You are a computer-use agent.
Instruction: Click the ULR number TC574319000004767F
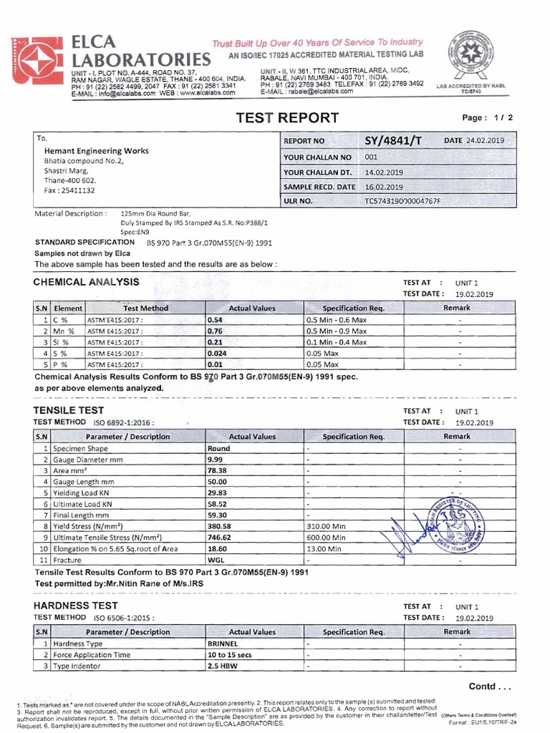(x=402, y=201)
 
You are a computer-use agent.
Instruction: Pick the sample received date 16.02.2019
(x=384, y=187)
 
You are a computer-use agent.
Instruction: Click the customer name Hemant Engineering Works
(x=97, y=151)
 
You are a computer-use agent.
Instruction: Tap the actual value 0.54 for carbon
(x=215, y=320)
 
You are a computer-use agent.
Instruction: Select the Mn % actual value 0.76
(x=215, y=331)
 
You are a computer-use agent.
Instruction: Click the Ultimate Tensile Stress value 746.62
(x=219, y=537)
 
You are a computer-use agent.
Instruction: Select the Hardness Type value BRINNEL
(x=222, y=644)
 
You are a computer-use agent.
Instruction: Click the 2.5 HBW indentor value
(x=222, y=666)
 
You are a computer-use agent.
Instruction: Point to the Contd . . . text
(x=490, y=686)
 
